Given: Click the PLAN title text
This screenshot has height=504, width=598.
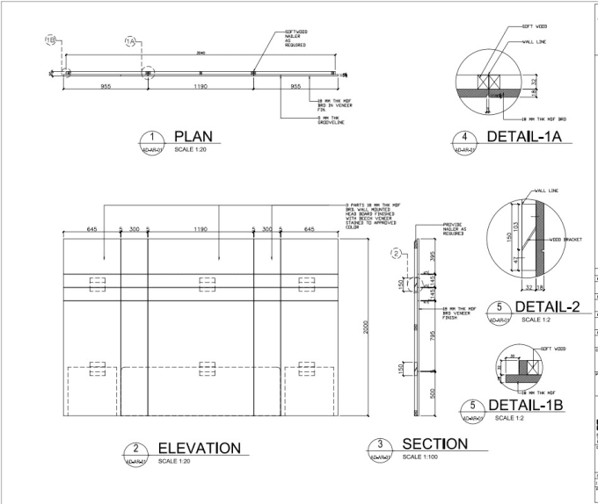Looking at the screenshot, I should pyautogui.click(x=193, y=136).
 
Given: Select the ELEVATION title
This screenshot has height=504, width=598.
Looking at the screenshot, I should pyautogui.click(x=199, y=448).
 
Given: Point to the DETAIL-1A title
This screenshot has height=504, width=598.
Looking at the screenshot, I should pyautogui.click(x=524, y=136).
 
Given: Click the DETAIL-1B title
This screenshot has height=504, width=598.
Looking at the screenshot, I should pyautogui.click(x=525, y=405).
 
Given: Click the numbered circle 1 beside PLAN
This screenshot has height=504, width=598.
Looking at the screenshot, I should pyautogui.click(x=153, y=137).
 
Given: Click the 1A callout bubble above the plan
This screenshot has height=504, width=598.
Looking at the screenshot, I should pyautogui.click(x=130, y=42).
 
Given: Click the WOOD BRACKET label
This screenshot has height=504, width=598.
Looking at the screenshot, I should pyautogui.click(x=563, y=238).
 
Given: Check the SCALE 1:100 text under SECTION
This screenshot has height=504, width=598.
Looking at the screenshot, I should pyautogui.click(x=423, y=457).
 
